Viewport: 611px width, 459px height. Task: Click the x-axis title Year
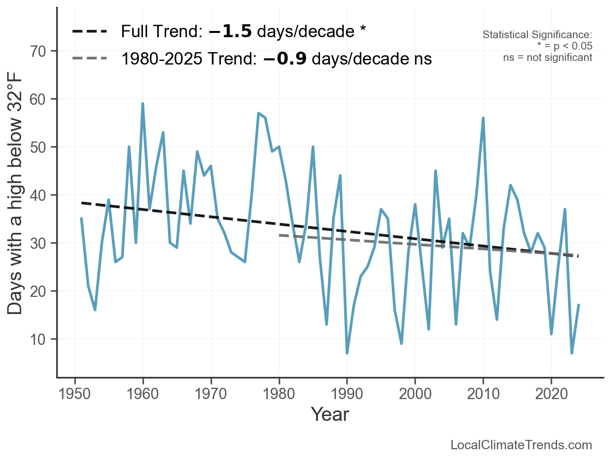point(330,414)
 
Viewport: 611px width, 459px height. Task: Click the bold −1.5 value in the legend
point(230,31)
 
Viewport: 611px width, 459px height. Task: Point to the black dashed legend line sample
point(90,31)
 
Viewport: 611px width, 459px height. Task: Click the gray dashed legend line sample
point(90,58)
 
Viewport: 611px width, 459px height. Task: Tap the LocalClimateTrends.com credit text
point(521,445)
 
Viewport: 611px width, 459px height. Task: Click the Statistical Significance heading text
point(537,35)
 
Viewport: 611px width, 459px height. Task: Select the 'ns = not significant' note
point(548,57)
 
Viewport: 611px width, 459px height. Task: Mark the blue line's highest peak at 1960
point(142,104)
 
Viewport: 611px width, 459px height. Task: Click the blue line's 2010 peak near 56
point(483,118)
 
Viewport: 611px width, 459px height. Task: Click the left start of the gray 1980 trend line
point(280,235)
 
